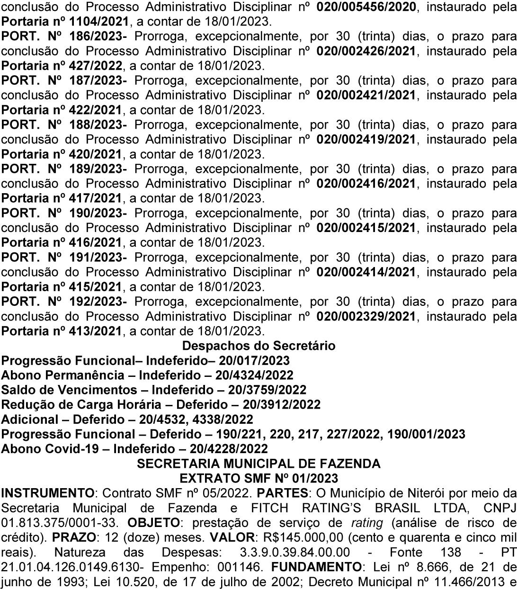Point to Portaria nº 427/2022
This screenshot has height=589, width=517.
[61, 66]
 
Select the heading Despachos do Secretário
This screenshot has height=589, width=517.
[258, 346]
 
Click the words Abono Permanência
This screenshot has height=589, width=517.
[67, 375]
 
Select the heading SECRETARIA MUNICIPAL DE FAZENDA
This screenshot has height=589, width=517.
[258, 464]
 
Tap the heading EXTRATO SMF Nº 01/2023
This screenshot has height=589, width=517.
[258, 477]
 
